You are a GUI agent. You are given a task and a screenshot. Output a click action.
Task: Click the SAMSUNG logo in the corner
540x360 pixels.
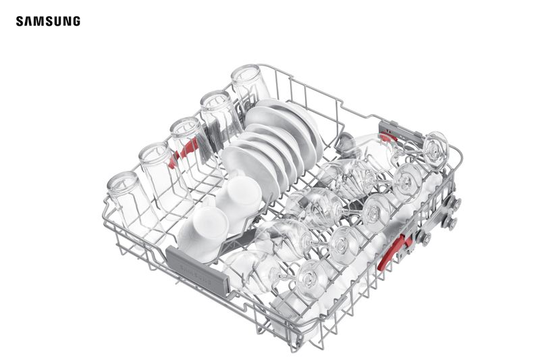tap(48, 21)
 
